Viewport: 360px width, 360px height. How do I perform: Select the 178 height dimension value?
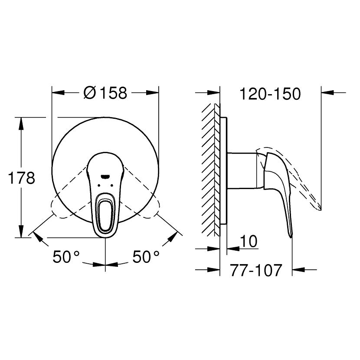21,178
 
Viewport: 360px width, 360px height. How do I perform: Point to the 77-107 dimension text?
256,270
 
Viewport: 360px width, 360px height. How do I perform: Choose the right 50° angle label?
146,258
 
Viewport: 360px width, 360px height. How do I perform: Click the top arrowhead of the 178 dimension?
20,123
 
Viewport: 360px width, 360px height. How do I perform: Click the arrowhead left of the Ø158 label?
59,92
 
